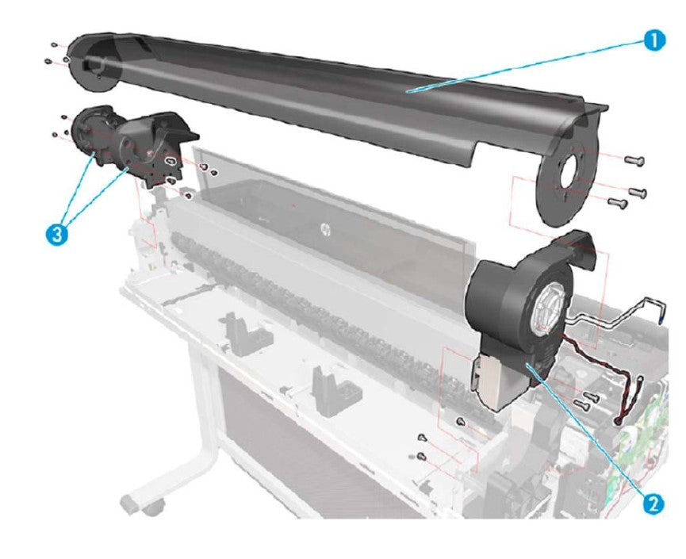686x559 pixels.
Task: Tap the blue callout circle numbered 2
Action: (651, 502)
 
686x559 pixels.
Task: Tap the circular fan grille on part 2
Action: (546, 304)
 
